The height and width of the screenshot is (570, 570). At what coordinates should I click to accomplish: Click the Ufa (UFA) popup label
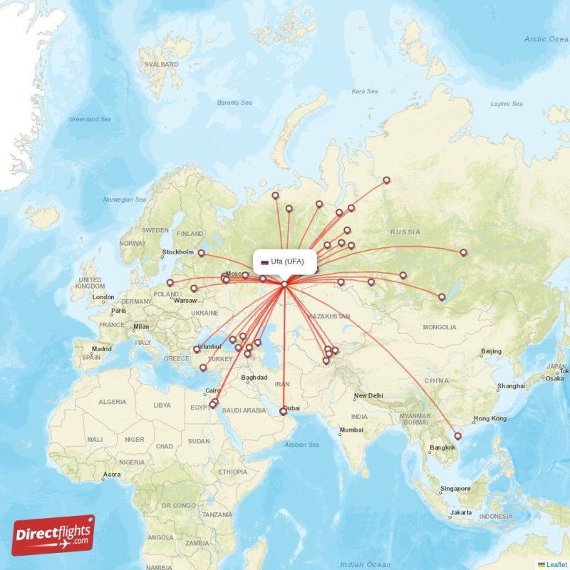pyautogui.click(x=283, y=261)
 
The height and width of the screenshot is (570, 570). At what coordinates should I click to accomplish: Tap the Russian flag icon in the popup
pyautogui.click(x=264, y=261)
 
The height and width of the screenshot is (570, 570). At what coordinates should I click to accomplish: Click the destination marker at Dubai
pyautogui.click(x=283, y=411)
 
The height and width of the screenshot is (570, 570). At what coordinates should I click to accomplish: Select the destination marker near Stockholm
pyautogui.click(x=201, y=252)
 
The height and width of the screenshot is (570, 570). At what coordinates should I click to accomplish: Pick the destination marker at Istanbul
pyautogui.click(x=197, y=350)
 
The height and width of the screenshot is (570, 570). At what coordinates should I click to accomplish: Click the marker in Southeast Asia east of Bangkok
pyautogui.click(x=457, y=436)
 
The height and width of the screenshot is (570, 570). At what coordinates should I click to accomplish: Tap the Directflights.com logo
pyautogui.click(x=53, y=535)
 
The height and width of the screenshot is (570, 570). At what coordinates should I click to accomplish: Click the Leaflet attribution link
pyautogui.click(x=555, y=564)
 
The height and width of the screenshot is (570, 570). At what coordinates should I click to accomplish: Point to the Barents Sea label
pyautogui.click(x=234, y=103)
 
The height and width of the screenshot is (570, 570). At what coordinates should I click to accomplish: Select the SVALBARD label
pyautogui.click(x=161, y=64)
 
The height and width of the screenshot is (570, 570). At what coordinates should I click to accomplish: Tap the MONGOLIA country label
pyautogui.click(x=440, y=328)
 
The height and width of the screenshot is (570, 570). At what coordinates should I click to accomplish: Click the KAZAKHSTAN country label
pyautogui.click(x=328, y=316)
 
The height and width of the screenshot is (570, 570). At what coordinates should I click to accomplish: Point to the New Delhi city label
pyautogui.click(x=369, y=396)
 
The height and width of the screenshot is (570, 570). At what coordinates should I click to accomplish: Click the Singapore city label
pyautogui.click(x=455, y=489)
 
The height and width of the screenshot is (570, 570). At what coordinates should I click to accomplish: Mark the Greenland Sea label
pyautogui.click(x=90, y=120)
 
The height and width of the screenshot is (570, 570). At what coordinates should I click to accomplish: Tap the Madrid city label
pyautogui.click(x=101, y=349)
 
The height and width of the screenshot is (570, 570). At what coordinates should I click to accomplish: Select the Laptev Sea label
pyautogui.click(x=507, y=104)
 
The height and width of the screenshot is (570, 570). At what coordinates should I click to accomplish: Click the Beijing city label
pyautogui.click(x=491, y=351)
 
